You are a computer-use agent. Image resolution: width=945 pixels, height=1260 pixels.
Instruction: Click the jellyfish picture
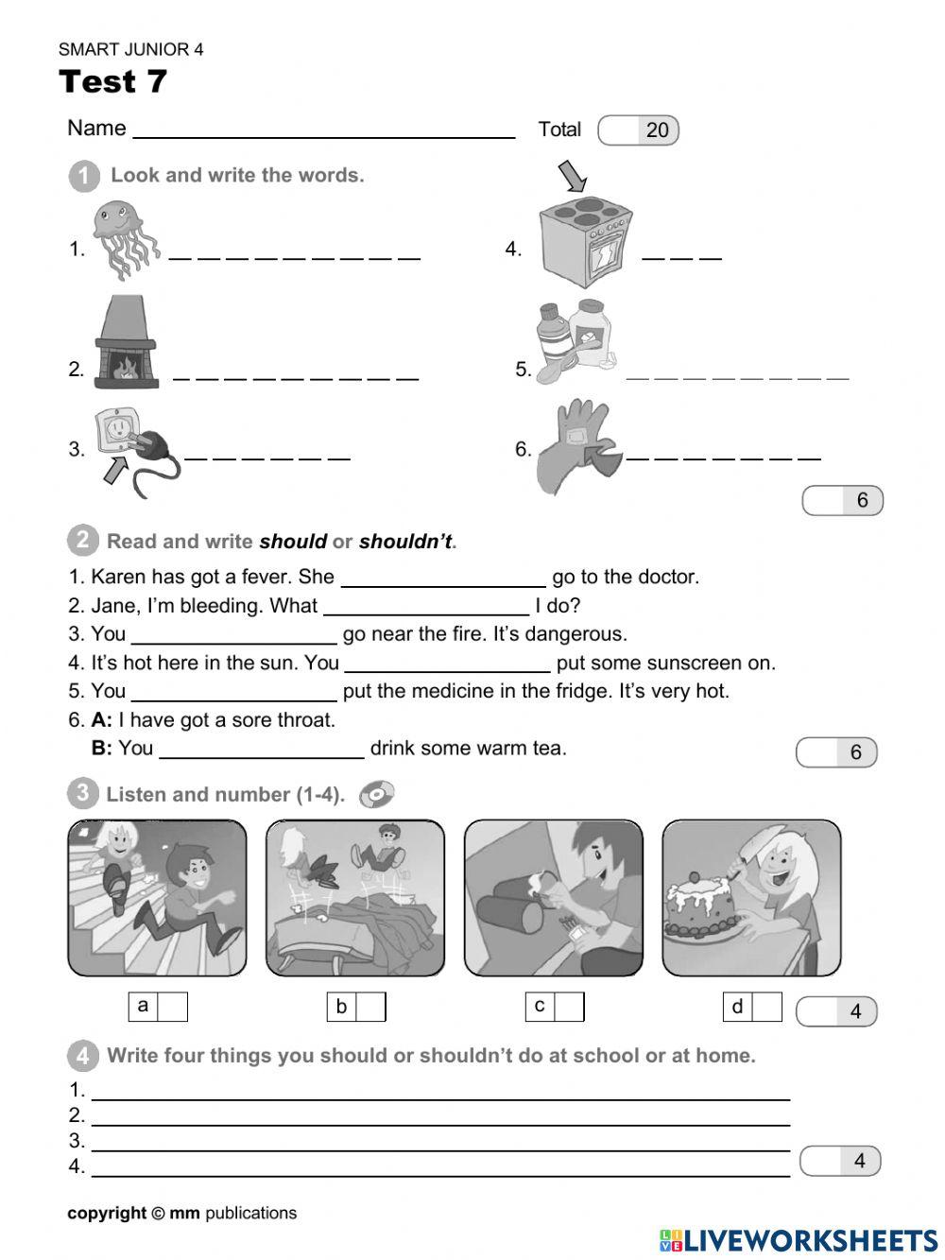point(125,238)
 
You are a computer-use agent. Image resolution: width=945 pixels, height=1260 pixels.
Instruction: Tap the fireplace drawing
point(125,342)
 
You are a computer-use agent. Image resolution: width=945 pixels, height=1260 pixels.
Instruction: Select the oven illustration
point(584,241)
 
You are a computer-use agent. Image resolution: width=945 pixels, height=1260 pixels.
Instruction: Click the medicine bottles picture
point(575,342)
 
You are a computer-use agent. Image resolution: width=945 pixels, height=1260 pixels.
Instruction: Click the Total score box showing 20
point(639,130)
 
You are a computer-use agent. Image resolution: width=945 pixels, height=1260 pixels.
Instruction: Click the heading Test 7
point(112,81)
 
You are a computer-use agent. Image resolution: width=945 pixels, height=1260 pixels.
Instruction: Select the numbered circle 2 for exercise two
point(82,541)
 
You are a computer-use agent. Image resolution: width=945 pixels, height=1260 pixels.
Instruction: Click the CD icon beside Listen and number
point(376,794)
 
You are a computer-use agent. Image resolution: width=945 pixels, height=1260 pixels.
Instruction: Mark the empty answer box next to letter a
point(172,1007)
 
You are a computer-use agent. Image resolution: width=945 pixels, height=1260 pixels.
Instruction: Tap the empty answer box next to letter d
point(766,1007)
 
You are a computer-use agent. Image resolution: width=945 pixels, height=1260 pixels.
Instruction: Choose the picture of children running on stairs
point(157,897)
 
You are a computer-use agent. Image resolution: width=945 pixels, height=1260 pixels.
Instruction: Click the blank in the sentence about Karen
point(442,577)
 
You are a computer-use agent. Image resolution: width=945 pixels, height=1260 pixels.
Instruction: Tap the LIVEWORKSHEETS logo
point(799,1240)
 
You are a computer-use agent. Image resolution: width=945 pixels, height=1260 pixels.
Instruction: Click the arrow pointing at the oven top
point(573,176)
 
